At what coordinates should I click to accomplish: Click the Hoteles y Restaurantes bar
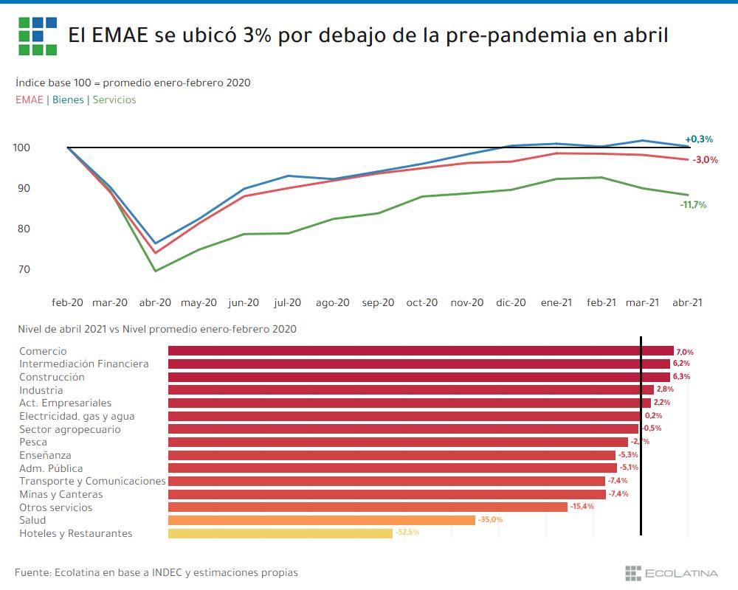click(x=280, y=533)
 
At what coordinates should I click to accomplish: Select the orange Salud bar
click(x=322, y=520)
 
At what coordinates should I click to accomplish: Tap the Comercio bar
click(x=421, y=351)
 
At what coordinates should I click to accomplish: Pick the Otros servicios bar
click(x=368, y=507)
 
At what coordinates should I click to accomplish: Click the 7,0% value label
click(x=685, y=353)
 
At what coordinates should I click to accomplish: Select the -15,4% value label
click(x=582, y=507)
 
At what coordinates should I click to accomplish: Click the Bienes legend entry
click(x=68, y=100)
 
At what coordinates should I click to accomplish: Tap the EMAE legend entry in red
click(x=29, y=100)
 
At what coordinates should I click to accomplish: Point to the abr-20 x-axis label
click(x=155, y=302)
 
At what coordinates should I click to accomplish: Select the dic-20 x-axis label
click(x=510, y=302)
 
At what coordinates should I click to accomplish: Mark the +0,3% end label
click(x=699, y=139)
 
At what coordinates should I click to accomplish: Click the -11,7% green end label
click(x=693, y=205)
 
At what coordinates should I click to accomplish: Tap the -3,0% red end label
click(x=704, y=160)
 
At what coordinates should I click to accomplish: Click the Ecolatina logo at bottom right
click(x=671, y=572)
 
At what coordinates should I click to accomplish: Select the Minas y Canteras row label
click(x=61, y=494)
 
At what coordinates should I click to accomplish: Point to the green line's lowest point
click(x=156, y=271)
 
